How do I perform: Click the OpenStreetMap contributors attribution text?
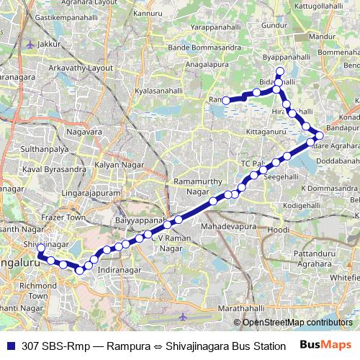[297, 322]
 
